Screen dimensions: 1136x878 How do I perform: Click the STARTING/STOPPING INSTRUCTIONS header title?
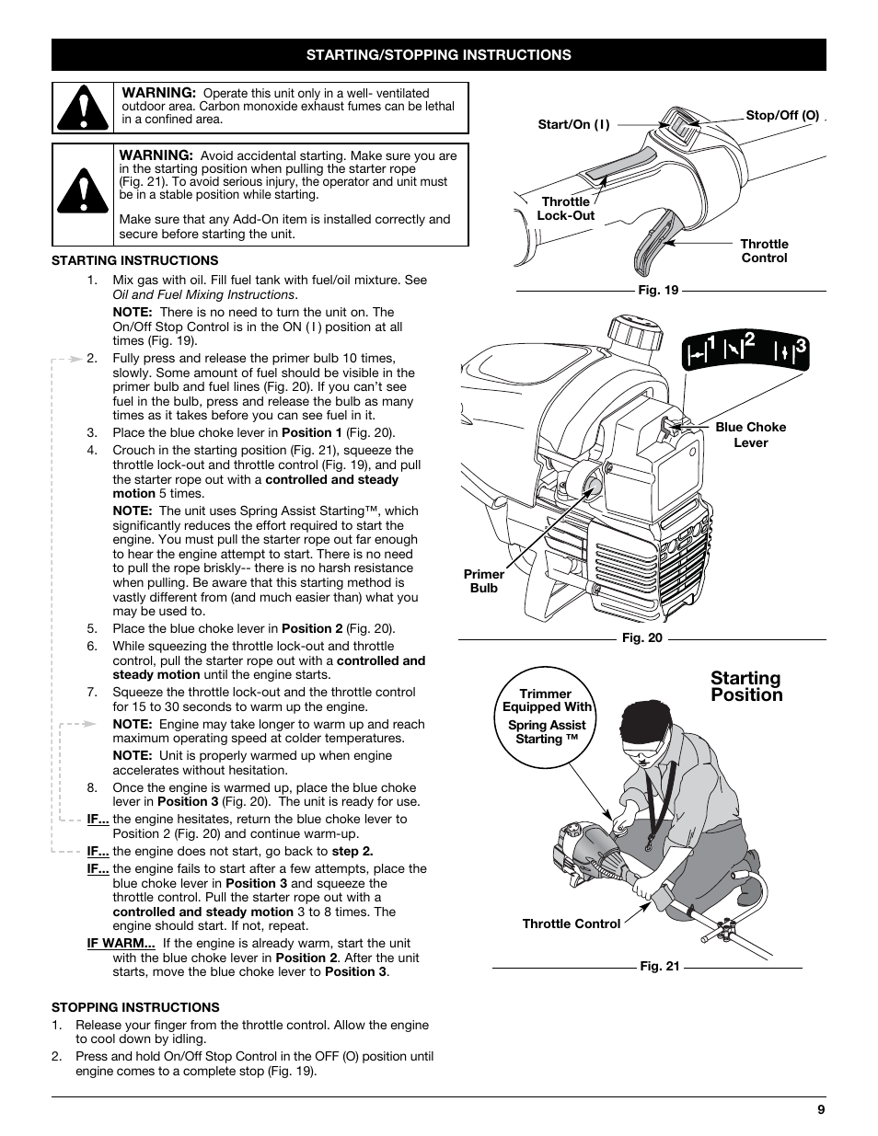point(438,55)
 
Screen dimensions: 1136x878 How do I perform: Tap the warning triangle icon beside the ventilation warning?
point(83,108)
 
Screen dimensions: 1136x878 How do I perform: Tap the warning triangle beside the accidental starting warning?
point(83,194)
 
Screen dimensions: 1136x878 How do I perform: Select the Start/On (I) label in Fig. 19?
point(573,124)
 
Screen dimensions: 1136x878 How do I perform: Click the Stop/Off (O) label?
point(781,116)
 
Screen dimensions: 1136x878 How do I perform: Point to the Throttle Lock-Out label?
point(566,209)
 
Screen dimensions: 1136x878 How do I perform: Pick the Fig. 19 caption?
point(658,290)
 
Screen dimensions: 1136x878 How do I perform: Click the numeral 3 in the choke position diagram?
point(801,346)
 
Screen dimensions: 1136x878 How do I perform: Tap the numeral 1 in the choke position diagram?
point(711,346)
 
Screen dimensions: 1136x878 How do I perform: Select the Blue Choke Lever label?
point(750,434)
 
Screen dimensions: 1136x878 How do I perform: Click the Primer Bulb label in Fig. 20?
point(483,581)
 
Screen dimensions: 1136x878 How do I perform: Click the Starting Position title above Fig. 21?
point(745,686)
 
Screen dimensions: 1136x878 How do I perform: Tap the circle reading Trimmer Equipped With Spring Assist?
point(546,717)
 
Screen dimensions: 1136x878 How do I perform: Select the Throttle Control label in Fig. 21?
point(571,924)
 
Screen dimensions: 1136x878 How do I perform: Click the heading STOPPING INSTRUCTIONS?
point(135,1007)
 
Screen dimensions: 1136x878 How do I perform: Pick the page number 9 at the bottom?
point(820,1109)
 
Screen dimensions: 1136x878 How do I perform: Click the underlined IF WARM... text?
point(121,943)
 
